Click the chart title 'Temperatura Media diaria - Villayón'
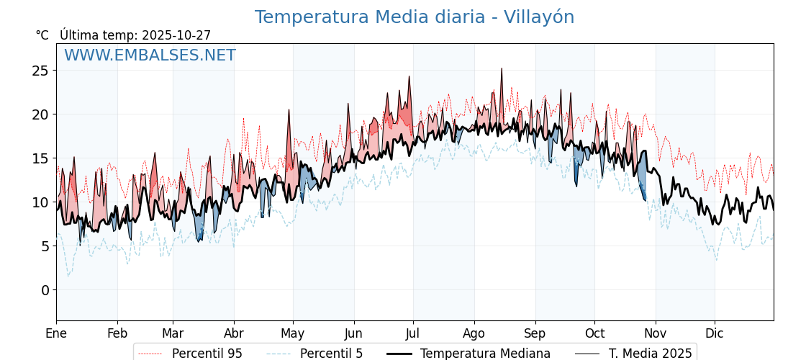click(415, 17)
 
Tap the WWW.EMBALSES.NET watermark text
click(150, 55)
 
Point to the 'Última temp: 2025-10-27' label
click(135, 35)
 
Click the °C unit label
click(42, 35)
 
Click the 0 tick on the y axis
click(45, 290)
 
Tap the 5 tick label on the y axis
click(45, 246)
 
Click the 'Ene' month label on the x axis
click(56, 333)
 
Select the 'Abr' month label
click(234, 333)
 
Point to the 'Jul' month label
click(413, 333)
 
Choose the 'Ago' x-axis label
click(474, 333)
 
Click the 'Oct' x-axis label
click(594, 333)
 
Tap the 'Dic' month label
click(715, 333)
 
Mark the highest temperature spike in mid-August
click(502, 69)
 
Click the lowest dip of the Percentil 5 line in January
click(68, 276)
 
